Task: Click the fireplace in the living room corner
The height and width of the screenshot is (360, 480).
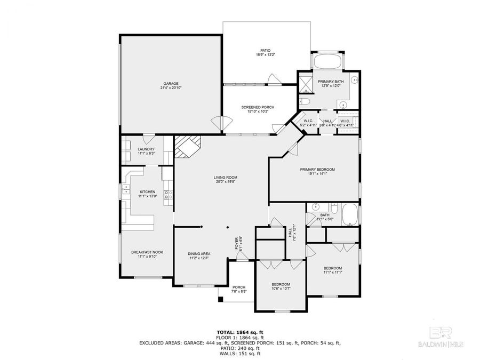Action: click(x=187, y=147)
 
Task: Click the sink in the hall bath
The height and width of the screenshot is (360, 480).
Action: click(x=316, y=206)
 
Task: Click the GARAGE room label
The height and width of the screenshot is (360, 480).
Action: click(x=171, y=83)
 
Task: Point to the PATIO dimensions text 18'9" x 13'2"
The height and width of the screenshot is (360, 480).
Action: click(x=265, y=55)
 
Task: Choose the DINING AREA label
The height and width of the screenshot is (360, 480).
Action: click(x=198, y=253)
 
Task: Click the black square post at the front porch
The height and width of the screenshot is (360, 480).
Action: click(x=220, y=299)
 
